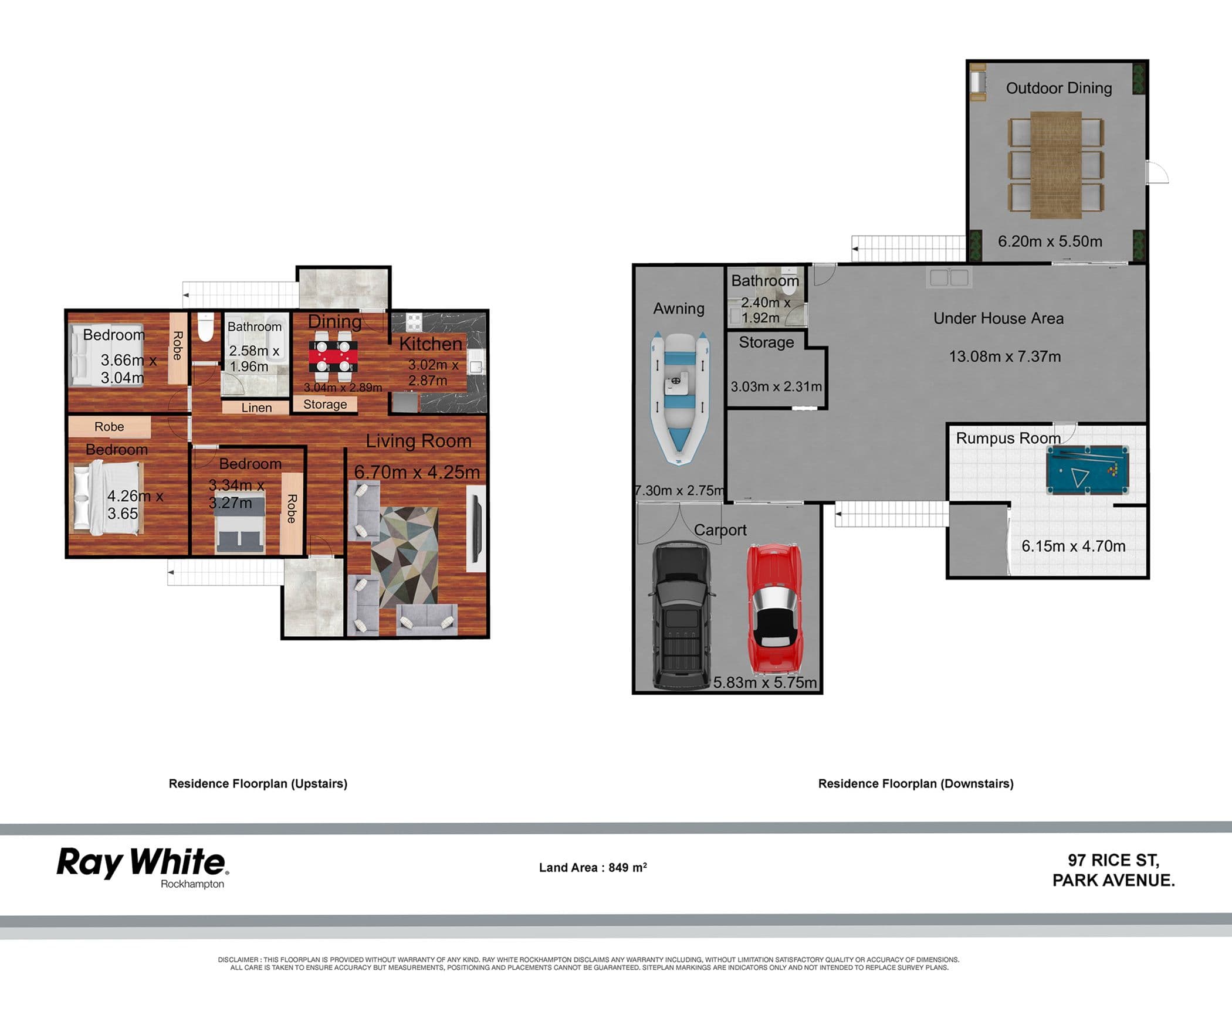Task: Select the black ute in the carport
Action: pos(682,615)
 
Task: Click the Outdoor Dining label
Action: pos(1059,88)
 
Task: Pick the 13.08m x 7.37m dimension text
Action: pos(1005,356)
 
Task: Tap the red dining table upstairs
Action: pos(333,354)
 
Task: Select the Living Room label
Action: pos(418,441)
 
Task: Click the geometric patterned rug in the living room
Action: pos(408,558)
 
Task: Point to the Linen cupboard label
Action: pos(256,407)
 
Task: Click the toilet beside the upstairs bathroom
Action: pos(205,327)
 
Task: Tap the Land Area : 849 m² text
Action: pos(593,867)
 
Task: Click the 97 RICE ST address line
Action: pos(1113,860)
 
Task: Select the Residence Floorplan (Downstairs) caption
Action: pos(916,783)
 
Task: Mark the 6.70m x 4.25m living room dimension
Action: pos(417,472)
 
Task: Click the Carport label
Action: pos(720,530)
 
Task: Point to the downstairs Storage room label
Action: pos(766,342)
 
